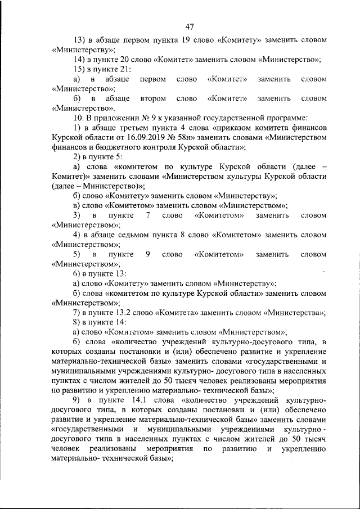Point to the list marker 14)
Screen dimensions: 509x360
(79, 59)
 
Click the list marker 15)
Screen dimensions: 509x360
(79, 69)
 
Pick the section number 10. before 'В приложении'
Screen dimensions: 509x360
(79, 118)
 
